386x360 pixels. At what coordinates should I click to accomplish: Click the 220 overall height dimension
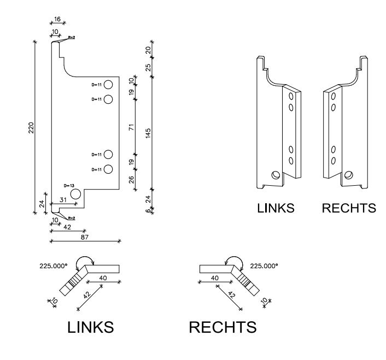click(31, 127)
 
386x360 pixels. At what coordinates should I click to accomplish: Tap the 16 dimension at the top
click(57, 19)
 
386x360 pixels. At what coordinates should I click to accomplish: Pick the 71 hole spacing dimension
click(132, 127)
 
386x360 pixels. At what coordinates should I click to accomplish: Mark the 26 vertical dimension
click(132, 180)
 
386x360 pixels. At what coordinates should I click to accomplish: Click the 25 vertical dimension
click(148, 68)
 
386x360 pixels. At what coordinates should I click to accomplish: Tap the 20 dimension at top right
click(148, 50)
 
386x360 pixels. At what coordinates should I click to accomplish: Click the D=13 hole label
click(68, 186)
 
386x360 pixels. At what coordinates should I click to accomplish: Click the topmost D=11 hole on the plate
click(108, 85)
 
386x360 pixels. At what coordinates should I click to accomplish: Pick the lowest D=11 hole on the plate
click(108, 169)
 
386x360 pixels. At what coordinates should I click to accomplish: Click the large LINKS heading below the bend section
click(90, 327)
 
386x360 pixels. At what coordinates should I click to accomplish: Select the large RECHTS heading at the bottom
click(223, 327)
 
